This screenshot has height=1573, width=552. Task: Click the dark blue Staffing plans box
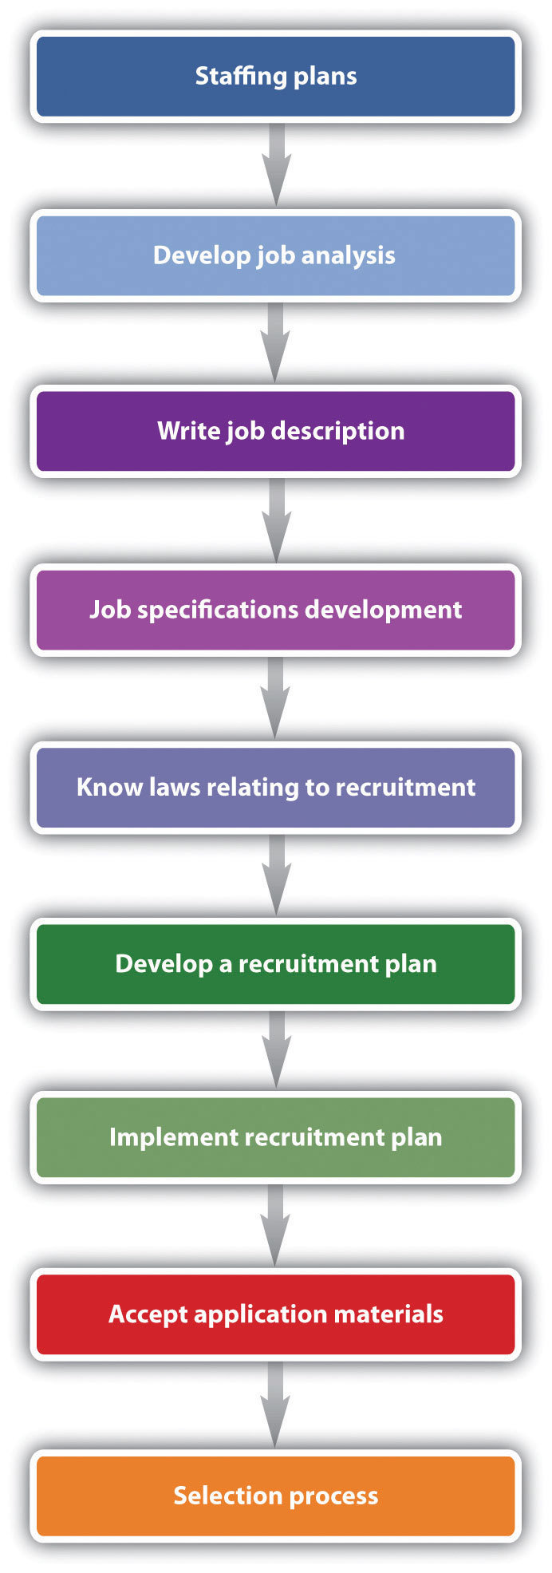275,77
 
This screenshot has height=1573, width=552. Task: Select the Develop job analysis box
275,255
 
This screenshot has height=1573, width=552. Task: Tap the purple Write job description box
275,431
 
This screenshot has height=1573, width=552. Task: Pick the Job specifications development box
275,610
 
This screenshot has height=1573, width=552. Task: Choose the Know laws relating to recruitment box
275,788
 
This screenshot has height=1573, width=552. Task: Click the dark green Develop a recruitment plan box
275,964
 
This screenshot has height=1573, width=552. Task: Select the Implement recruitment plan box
275,1137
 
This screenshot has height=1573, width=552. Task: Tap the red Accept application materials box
275,1314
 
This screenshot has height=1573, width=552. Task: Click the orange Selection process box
275,1496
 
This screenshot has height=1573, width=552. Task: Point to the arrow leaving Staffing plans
276,164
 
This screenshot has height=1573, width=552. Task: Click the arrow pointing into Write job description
276,342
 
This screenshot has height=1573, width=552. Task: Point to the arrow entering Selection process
276,1403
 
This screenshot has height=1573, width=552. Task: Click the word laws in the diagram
173,788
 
